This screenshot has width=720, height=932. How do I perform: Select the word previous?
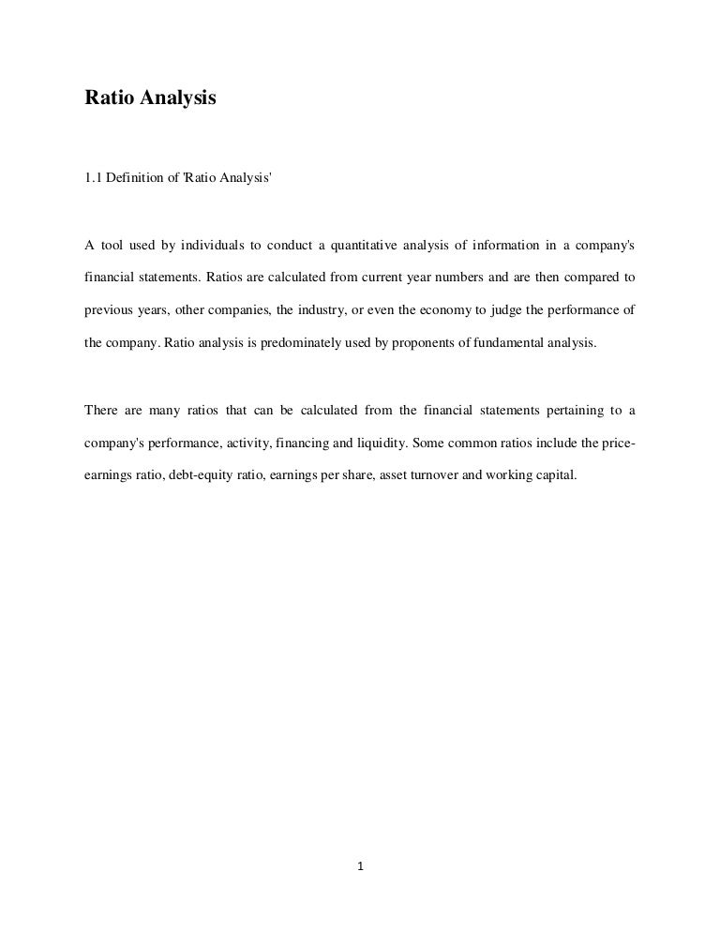click(x=106, y=310)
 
